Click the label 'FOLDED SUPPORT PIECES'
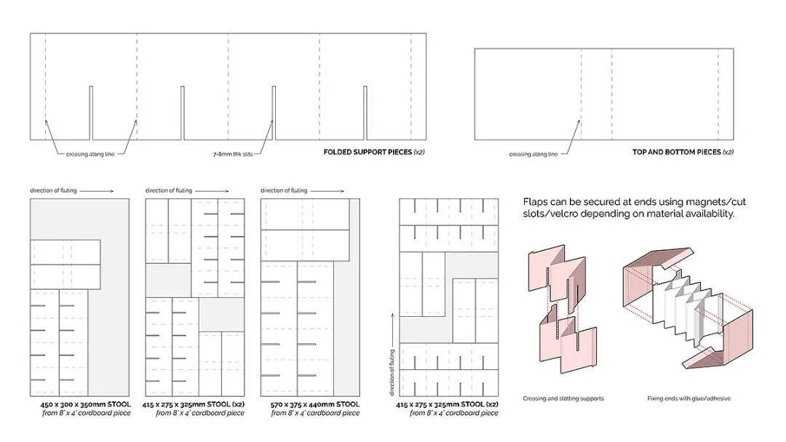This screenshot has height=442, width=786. point(368,152)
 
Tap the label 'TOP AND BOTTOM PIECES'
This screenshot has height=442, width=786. point(676,152)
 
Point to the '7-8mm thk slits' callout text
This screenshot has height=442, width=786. point(233,155)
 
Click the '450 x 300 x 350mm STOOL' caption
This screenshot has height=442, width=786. point(86,404)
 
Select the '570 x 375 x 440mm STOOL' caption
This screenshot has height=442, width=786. point(315,404)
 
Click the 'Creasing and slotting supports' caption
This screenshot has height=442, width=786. point(563,398)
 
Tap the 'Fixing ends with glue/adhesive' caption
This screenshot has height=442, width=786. point(688,398)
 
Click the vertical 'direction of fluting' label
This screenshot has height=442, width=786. point(392,372)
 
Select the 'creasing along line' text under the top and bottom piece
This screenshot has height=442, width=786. point(533,154)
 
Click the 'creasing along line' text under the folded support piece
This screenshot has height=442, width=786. point(90,154)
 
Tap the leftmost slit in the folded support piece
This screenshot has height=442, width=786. point(91,113)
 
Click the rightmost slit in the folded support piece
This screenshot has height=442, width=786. point(365,113)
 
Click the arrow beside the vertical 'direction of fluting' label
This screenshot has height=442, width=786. point(392,329)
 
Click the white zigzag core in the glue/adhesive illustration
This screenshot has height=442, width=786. point(687,305)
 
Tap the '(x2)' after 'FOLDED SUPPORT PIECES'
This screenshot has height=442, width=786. point(419,152)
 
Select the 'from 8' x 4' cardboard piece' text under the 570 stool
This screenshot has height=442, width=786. point(315,413)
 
